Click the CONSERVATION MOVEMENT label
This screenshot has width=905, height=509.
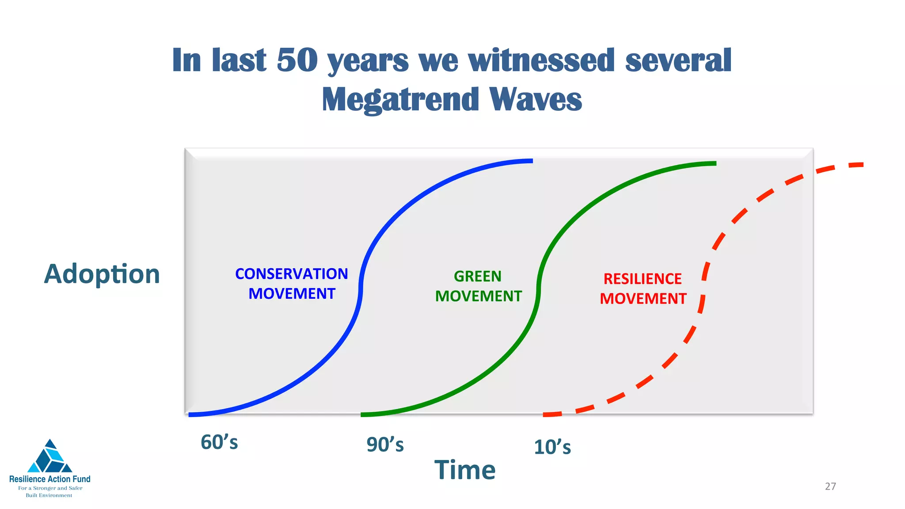[292, 284]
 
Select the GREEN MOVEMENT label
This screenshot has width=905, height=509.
[478, 286]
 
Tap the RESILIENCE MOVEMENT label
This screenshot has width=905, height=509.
[643, 289]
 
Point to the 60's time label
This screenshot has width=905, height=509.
[219, 442]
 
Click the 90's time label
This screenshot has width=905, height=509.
[385, 444]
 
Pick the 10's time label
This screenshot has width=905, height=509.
[552, 447]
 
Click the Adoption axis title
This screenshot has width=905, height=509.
[102, 274]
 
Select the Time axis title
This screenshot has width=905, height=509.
[465, 470]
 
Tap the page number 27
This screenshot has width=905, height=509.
[830, 486]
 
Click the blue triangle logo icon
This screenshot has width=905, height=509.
[50, 457]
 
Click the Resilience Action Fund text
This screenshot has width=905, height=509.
[50, 479]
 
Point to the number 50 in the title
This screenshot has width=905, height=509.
[297, 60]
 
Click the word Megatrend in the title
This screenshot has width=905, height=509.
[400, 99]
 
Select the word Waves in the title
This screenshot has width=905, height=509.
[536, 99]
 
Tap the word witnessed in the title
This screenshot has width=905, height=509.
[541, 60]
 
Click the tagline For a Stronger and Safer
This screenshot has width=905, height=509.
[50, 488]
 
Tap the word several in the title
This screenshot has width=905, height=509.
[678, 60]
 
